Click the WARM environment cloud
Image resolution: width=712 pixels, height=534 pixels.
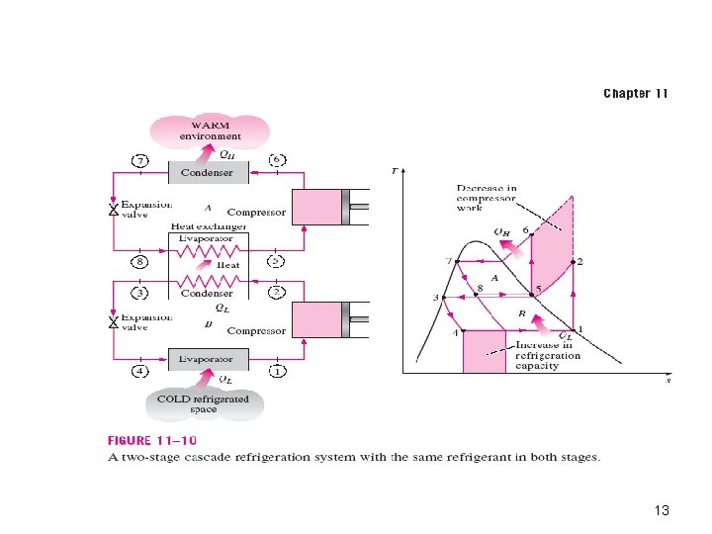[x=210, y=131]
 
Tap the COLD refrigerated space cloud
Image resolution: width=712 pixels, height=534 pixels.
[x=204, y=403]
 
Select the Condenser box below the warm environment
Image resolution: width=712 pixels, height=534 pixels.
[x=208, y=172]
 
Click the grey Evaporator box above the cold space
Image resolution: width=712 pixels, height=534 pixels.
[x=208, y=359]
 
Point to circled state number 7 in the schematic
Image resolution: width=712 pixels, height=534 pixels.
[x=140, y=159]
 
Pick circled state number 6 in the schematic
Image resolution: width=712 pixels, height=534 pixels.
[x=277, y=159]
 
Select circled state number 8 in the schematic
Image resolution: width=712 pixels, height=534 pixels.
[x=140, y=262]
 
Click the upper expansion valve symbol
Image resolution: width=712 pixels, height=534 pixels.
[x=113, y=211]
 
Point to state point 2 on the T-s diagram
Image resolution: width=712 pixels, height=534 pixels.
[x=574, y=262]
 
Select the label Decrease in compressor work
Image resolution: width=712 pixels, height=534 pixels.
[x=487, y=198]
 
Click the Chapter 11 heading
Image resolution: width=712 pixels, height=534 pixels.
[x=636, y=94]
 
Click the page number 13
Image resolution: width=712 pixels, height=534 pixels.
[x=662, y=510]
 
